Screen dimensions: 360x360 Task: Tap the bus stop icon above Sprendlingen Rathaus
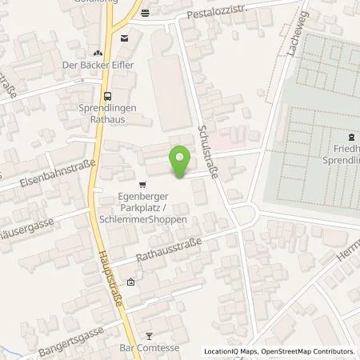[x=107, y=93]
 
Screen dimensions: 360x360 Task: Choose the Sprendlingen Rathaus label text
[x=107, y=114]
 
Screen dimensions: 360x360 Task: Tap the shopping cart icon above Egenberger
[x=142, y=182]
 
